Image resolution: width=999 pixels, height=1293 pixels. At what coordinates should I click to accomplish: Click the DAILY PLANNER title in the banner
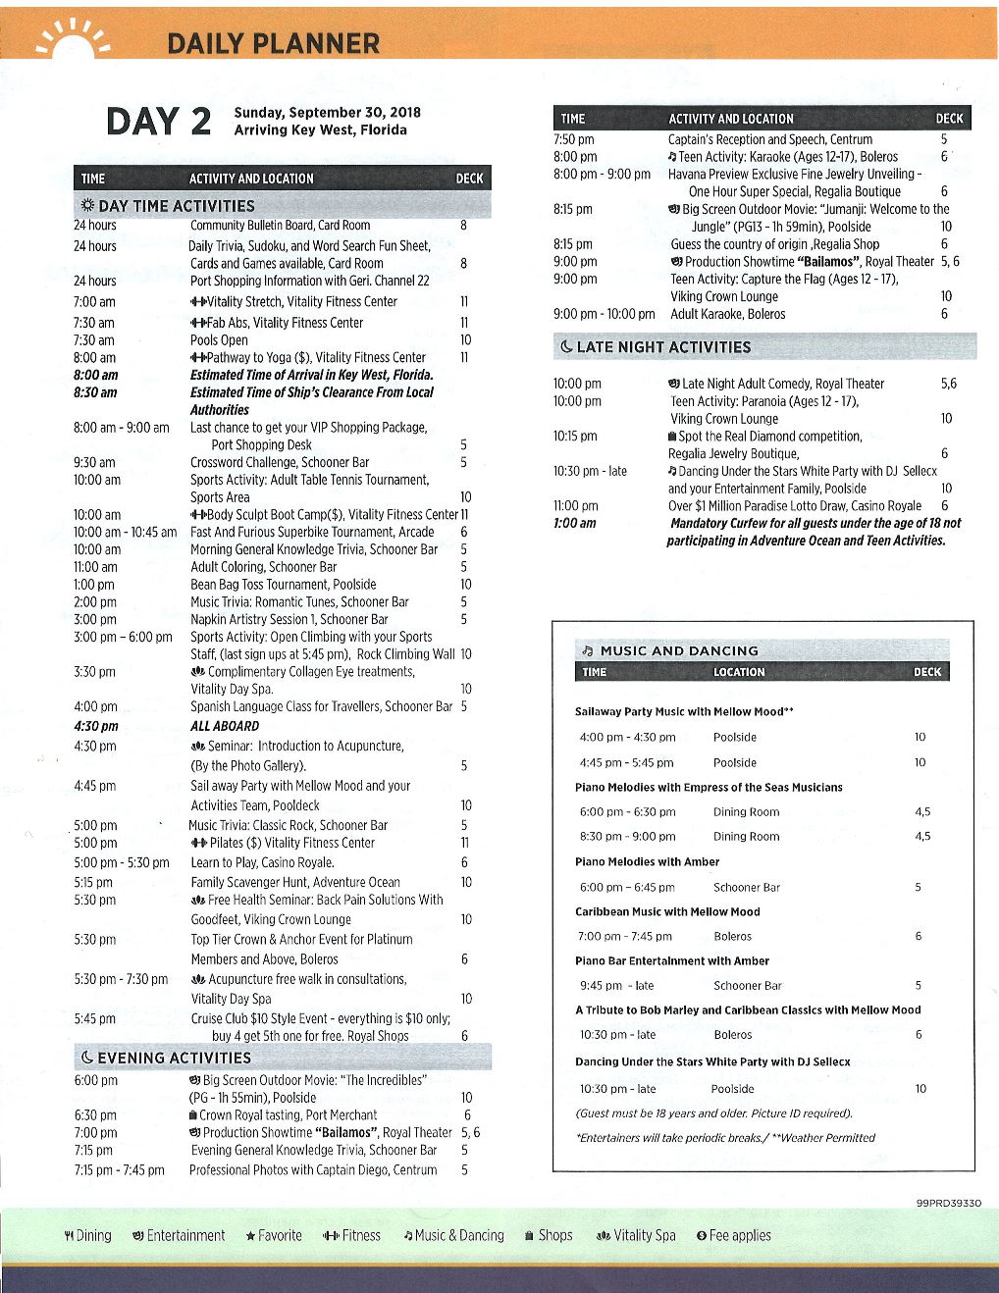coord(273,43)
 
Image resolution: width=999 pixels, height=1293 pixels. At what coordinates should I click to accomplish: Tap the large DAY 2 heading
coord(159,122)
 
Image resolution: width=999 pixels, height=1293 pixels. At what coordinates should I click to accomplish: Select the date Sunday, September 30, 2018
coord(327,112)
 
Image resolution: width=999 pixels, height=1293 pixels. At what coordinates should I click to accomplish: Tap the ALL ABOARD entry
coord(225,726)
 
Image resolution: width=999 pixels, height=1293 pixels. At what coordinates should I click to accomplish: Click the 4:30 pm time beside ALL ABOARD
coord(96,726)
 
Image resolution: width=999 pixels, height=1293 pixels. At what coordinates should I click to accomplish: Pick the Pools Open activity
coord(219,340)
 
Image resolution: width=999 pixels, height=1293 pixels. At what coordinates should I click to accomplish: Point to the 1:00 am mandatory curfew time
coord(575,523)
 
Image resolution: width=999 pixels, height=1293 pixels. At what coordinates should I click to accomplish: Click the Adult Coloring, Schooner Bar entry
coord(263,567)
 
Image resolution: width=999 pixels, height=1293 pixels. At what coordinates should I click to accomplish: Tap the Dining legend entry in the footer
coord(87,1236)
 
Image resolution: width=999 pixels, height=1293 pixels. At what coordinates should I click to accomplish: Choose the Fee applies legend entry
coord(734,1236)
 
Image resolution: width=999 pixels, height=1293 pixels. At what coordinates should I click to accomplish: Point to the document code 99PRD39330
coord(948,1203)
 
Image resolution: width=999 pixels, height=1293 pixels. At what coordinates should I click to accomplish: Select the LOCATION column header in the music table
coord(739,672)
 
